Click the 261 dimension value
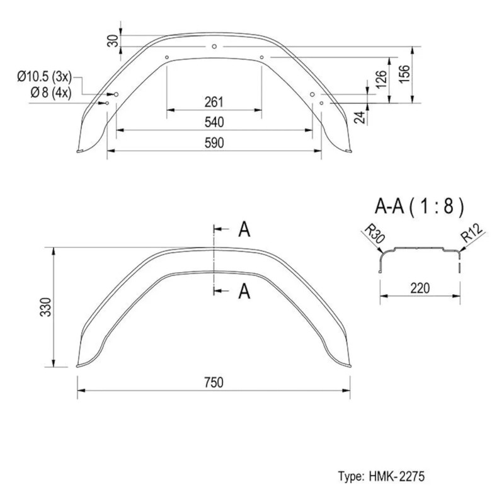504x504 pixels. tap(214, 102)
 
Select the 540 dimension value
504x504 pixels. tap(214, 122)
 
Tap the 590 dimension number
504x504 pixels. tap(214, 143)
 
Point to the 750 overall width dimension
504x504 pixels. tap(214, 382)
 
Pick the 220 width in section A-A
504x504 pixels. tap(420, 288)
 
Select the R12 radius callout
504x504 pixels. tap(471, 236)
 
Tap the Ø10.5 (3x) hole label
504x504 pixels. tap(44, 77)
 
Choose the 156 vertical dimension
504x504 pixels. tap(402, 74)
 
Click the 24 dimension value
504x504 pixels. tap(359, 117)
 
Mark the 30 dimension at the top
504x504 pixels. tap(112, 39)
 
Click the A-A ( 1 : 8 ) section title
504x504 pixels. tap(420, 205)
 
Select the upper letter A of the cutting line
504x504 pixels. tap(244, 230)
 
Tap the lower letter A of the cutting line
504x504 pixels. tap(244, 291)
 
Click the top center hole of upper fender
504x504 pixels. tap(214, 46)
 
